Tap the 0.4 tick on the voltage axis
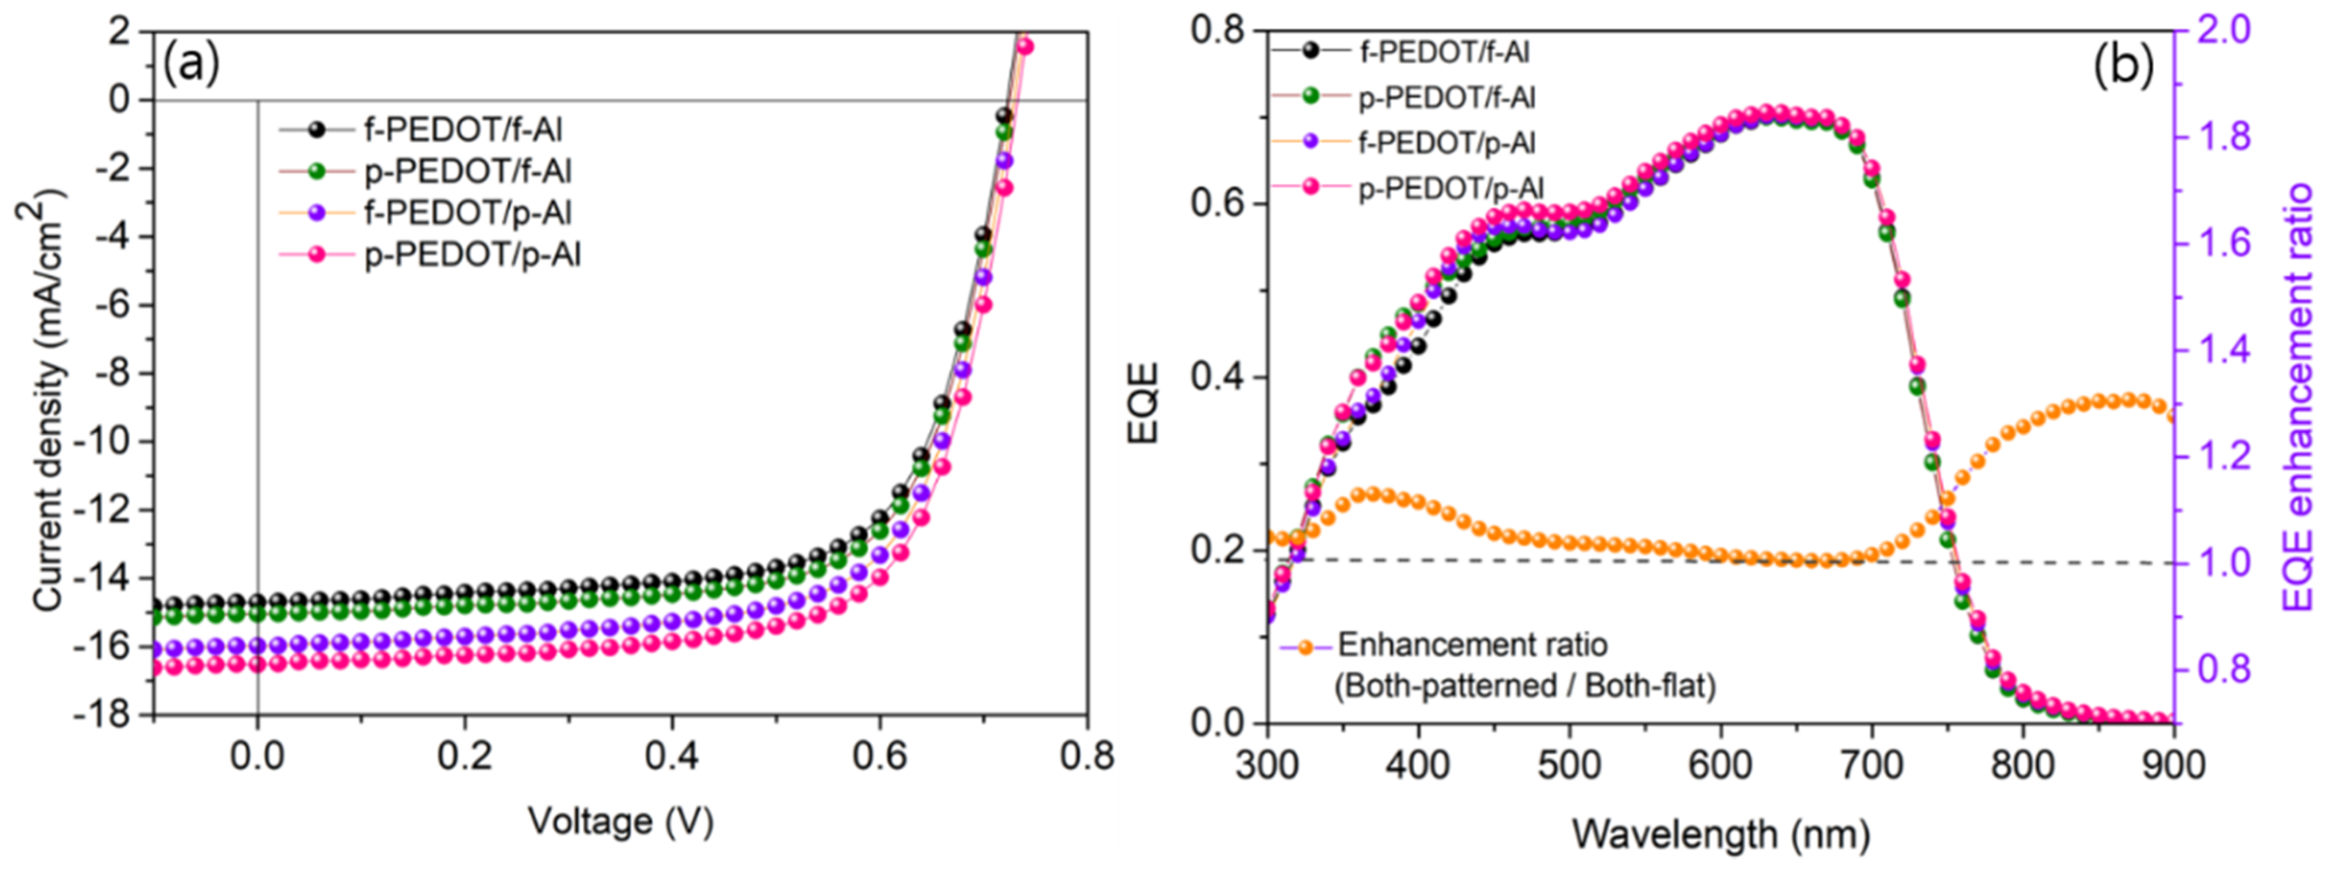pos(672,755)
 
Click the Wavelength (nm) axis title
pos(1721,833)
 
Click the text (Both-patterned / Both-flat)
pos(1524,687)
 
